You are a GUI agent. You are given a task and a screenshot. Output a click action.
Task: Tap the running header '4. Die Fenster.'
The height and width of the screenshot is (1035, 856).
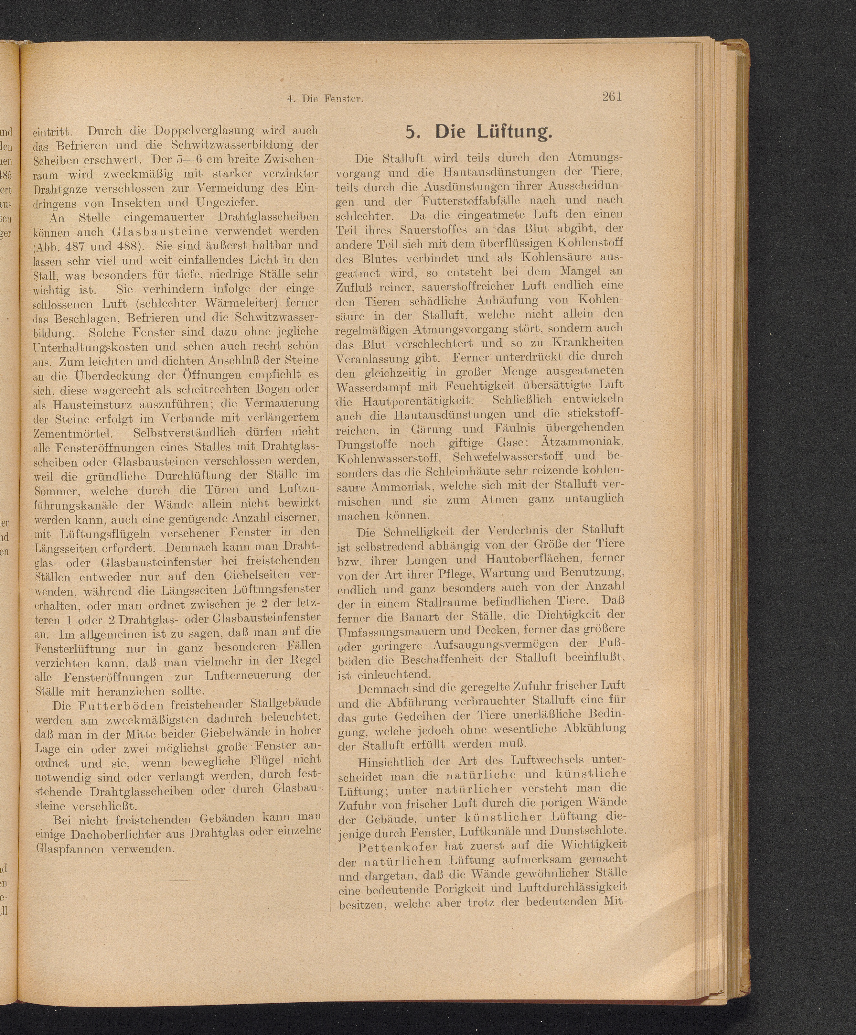(325, 99)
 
